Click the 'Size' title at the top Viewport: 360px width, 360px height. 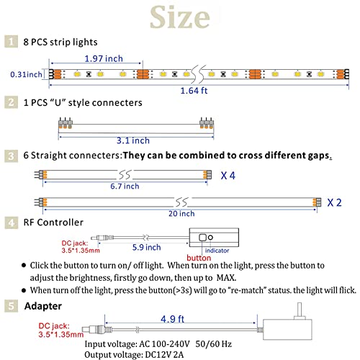(x=180, y=17)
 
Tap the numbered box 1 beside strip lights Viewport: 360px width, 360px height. (x=11, y=42)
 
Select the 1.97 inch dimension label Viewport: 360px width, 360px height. (x=104, y=58)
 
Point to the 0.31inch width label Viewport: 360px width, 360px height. (x=26, y=74)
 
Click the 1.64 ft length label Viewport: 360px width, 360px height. (x=194, y=91)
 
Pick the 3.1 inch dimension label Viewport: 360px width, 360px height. (x=133, y=140)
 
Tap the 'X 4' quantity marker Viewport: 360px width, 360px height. (x=228, y=176)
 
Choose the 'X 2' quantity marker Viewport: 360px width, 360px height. (x=334, y=203)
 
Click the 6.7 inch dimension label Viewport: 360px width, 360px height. (x=125, y=186)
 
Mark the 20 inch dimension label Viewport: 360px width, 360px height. (x=181, y=213)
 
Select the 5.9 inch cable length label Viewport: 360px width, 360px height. (x=146, y=247)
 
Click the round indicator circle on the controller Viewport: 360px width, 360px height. (x=210, y=238)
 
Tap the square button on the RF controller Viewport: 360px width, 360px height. (x=202, y=238)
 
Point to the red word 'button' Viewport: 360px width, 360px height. (x=199, y=258)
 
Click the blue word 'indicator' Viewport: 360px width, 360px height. (x=217, y=251)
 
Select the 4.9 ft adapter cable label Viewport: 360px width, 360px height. (x=172, y=319)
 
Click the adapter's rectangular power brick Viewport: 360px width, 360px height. (x=287, y=329)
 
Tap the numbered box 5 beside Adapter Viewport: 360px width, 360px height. (x=11, y=306)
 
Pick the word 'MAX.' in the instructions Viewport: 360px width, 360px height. (x=226, y=278)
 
